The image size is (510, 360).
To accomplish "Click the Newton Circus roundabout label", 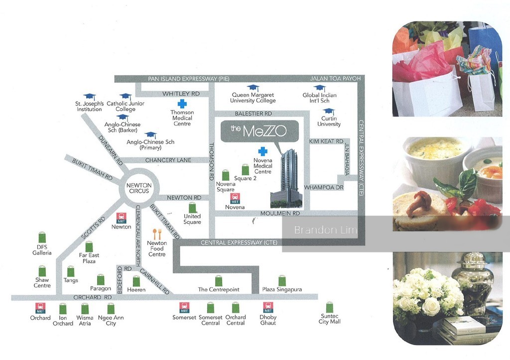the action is pos(139,188).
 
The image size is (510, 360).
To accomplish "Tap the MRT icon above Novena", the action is pos(235,198).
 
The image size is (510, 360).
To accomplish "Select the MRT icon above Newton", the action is pos(122,218).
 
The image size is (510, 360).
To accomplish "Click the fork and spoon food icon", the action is pos(157,234).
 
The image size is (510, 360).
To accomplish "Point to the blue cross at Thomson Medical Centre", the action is pos(182,104).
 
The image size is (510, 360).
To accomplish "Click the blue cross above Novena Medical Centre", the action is pos(263,151).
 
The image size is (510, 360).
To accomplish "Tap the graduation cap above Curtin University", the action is pos(329,112).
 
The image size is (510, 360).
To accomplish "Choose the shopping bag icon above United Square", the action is pos(193,208).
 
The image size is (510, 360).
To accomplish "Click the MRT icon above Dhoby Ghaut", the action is pos(268,308).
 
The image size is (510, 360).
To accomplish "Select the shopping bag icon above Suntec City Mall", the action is pos(330,307).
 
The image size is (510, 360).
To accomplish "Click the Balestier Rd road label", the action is pos(254,114).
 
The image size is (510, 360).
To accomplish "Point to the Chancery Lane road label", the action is pos(168,160).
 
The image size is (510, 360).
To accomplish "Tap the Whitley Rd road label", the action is pos(181,94).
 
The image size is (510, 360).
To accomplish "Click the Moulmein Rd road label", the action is pos(280,213).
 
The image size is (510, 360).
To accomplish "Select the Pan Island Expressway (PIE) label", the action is pos(189,79).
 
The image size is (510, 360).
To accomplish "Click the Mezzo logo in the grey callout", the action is pos(259,131).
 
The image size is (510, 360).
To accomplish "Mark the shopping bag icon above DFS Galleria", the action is pos(42,238).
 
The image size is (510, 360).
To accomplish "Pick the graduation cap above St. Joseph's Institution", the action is pos(90,97).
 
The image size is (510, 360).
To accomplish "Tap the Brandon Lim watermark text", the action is pos(326,230).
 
